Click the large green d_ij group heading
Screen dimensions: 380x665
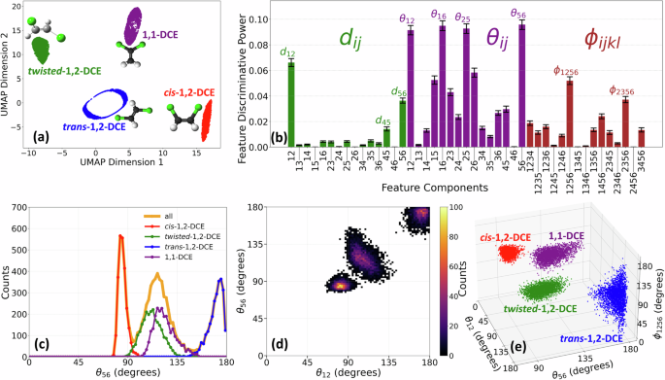(x=357, y=39)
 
